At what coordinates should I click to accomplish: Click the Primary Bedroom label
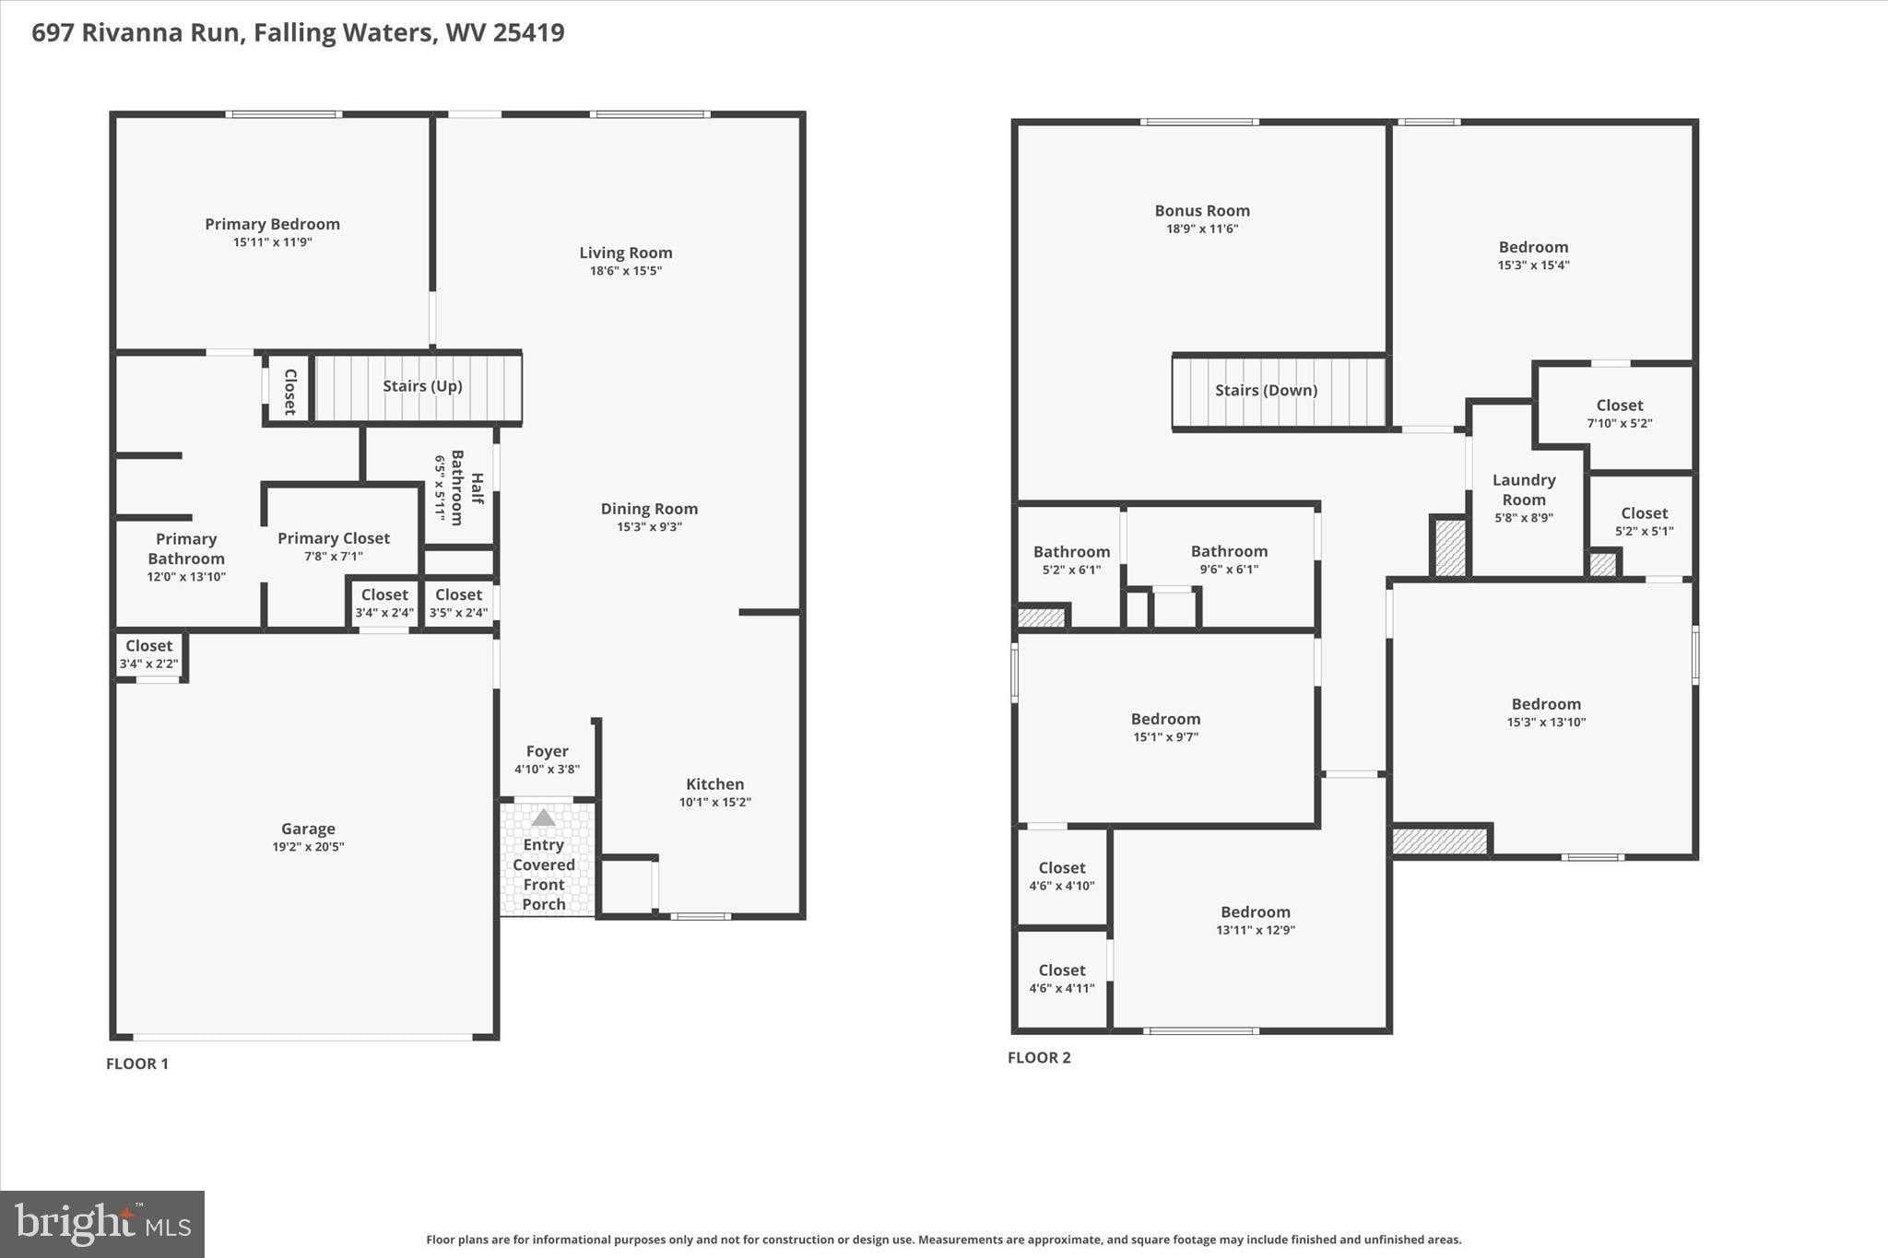coord(272,224)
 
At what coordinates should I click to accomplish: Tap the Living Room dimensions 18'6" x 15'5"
coord(626,271)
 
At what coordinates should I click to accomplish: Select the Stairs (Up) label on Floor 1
coord(422,385)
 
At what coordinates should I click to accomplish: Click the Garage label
coord(308,829)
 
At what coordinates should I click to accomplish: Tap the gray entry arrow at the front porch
coord(544,817)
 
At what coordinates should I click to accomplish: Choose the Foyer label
coord(547,751)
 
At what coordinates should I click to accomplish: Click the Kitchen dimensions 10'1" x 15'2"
coord(715,803)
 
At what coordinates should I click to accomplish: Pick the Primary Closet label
coord(334,538)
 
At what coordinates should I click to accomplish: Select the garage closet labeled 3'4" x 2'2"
coord(148,654)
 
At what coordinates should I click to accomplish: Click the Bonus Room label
coord(1202,211)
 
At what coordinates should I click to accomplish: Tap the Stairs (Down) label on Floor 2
coord(1266,390)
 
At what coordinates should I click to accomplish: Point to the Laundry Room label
coord(1524,489)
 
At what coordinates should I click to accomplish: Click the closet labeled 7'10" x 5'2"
coord(1620,414)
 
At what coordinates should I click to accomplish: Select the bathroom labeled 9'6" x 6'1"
coord(1229,559)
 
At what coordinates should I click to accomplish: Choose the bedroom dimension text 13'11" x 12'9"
coord(1256,931)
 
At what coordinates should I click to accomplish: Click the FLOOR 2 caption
coord(1039,1057)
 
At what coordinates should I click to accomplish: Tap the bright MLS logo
coord(102,1224)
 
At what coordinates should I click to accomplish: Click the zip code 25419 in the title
coord(528,33)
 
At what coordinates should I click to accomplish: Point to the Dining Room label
coord(649,509)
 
